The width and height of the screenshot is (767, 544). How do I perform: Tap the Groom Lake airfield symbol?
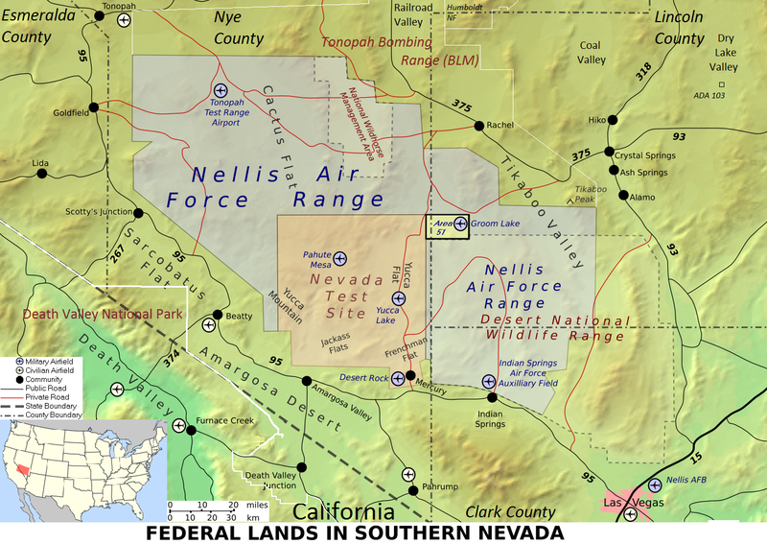460,224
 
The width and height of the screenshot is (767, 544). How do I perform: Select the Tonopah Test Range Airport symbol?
220,90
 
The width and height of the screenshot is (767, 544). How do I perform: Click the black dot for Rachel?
477,126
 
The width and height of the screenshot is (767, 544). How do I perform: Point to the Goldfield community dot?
94,106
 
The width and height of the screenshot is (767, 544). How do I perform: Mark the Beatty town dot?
219,315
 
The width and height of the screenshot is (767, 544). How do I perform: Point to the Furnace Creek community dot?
191,429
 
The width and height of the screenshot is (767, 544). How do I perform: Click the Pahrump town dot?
413,489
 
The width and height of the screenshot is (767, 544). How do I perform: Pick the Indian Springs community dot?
492,396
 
